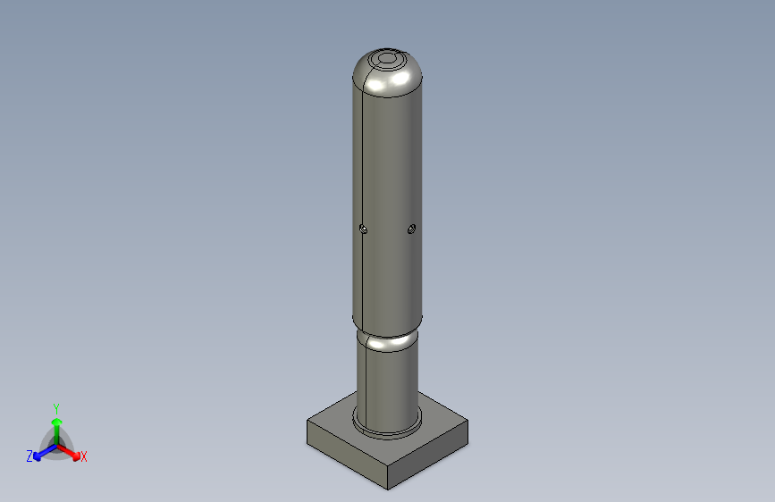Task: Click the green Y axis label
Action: [x=56, y=409]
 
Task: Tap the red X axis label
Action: [x=83, y=456]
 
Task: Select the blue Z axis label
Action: [x=29, y=456]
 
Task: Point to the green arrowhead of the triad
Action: [x=57, y=423]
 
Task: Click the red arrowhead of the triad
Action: [x=76, y=456]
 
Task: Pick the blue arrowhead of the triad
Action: [x=37, y=456]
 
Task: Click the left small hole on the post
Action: [x=363, y=229]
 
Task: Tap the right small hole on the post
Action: [x=411, y=229]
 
